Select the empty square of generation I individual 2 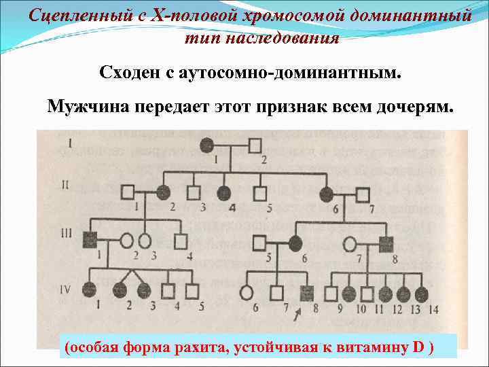[x=255, y=145]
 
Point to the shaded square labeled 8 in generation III [x=386, y=242]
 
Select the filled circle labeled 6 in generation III [x=295, y=242]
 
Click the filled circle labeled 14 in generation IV [x=421, y=294]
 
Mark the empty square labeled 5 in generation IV [x=192, y=291]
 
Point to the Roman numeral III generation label [x=67, y=233]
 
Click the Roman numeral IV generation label [x=65, y=290]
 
